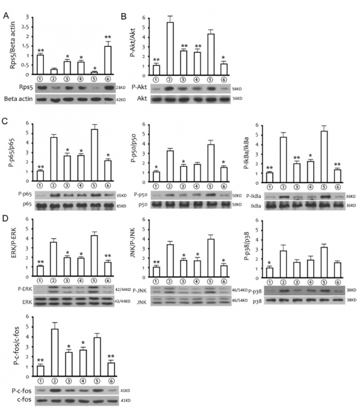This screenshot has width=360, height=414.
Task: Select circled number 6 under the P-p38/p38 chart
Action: click(x=338, y=281)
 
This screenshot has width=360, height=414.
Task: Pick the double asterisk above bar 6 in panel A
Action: click(x=108, y=38)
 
